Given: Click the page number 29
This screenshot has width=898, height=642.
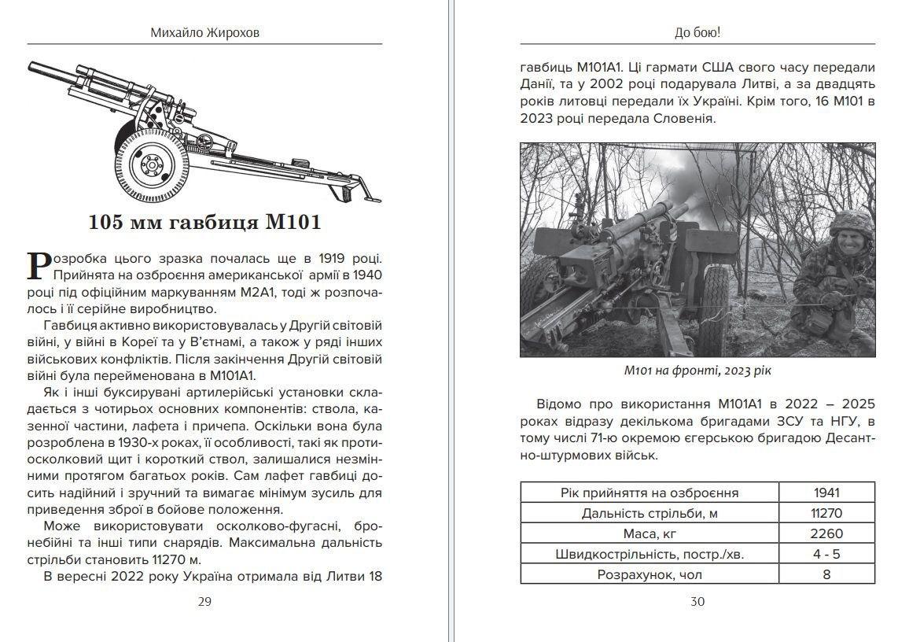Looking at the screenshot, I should (204, 602).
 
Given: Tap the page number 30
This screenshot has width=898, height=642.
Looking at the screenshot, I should (697, 602).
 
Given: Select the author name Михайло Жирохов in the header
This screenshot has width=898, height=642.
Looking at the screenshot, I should (204, 34).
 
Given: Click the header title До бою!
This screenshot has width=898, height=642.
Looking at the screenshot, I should (697, 34).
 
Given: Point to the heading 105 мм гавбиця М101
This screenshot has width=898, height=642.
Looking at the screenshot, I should (204, 223).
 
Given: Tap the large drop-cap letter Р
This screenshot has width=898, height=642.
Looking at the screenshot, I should (37, 265).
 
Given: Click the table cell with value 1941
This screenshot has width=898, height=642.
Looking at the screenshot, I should (826, 493).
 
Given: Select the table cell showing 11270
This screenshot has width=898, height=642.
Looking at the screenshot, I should (826, 514).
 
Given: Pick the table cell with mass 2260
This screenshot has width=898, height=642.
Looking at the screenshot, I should (826, 534).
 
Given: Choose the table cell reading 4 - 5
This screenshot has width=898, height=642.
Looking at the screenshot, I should (826, 554).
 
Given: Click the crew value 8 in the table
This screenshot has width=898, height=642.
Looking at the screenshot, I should (826, 574).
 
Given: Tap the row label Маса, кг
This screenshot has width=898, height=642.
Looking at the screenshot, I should (650, 534).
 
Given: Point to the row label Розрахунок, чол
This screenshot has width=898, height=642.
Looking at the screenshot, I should (650, 574).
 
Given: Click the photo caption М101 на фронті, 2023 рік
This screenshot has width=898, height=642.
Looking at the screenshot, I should (697, 371).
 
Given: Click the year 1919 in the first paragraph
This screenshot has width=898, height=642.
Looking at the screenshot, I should (326, 259).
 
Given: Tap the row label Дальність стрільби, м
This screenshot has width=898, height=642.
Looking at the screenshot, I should (650, 514).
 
